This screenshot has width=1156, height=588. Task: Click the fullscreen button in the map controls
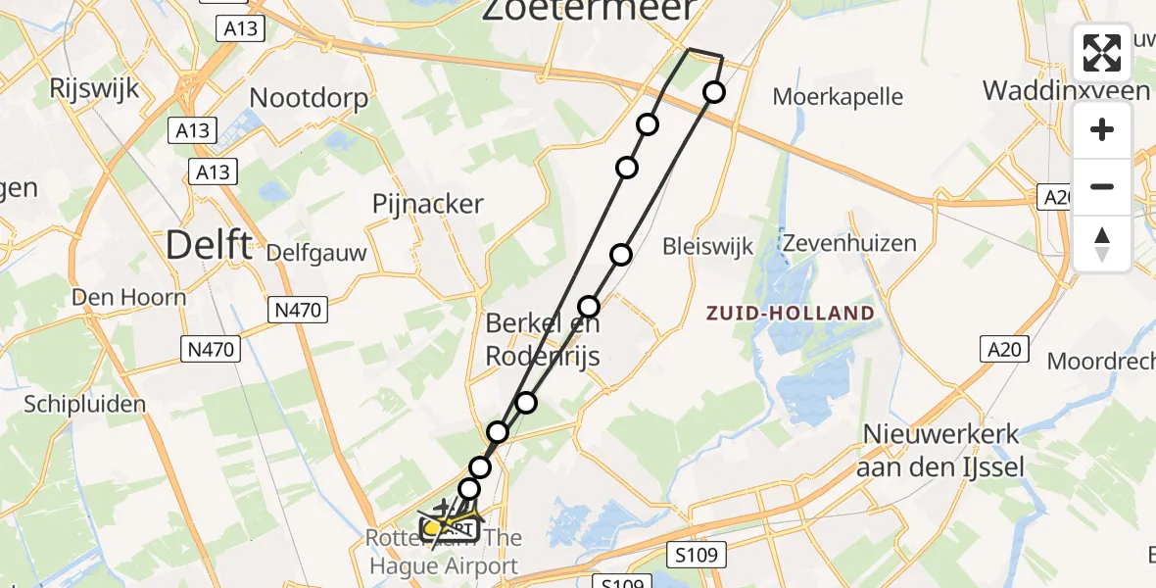[1102, 53]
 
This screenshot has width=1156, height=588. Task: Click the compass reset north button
[1102, 244]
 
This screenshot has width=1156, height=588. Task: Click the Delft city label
[209, 244]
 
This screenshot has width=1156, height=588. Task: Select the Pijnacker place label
[428, 204]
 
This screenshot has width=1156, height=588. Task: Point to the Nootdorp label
[309, 98]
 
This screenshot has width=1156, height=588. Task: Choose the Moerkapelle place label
[838, 97]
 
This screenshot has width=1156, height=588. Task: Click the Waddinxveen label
[1066, 90]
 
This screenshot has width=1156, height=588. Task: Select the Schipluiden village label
[85, 404]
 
